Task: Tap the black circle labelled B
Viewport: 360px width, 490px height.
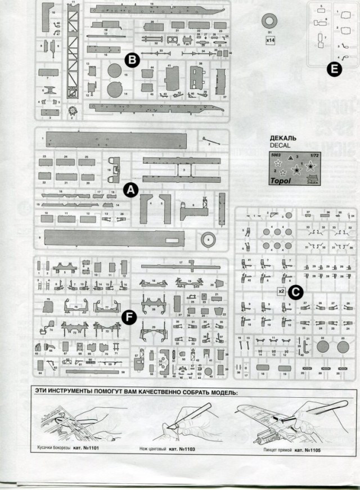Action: point(131,60)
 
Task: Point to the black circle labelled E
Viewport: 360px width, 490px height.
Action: point(335,69)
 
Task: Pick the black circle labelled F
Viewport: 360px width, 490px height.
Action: point(129,318)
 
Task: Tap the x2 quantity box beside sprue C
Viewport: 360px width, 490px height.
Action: point(281,292)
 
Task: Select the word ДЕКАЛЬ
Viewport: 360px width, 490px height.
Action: point(283,138)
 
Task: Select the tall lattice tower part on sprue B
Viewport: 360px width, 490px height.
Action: point(72,56)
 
